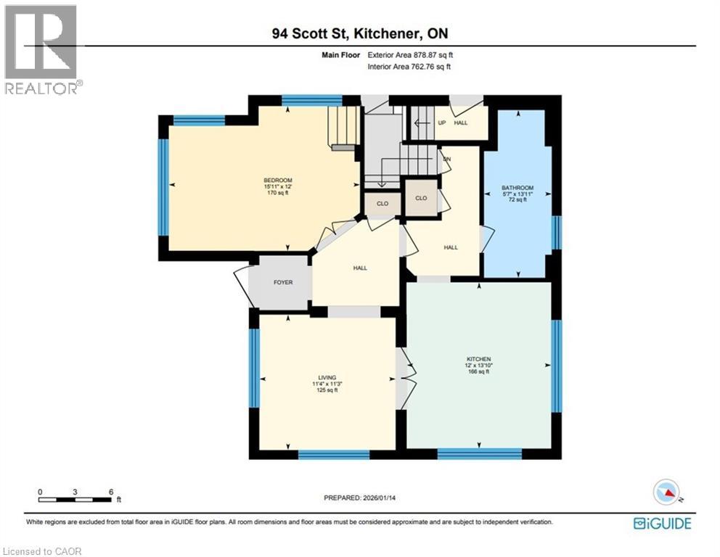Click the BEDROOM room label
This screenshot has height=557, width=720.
click(x=278, y=180)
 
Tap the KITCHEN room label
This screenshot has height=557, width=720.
click(x=479, y=359)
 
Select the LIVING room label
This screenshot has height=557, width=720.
click(x=326, y=377)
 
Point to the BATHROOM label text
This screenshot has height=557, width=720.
click(x=517, y=188)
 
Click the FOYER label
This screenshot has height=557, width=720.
click(x=283, y=282)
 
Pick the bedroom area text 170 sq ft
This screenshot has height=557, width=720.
click(x=278, y=193)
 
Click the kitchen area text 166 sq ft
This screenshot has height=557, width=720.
click(x=479, y=372)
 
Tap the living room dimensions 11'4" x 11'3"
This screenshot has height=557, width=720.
click(x=326, y=384)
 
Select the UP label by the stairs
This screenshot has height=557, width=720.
click(x=441, y=123)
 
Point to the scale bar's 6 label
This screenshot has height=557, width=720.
click(x=110, y=491)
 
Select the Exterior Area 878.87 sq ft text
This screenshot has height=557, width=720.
click(x=409, y=54)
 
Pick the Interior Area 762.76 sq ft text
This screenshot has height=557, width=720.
click(x=409, y=67)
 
